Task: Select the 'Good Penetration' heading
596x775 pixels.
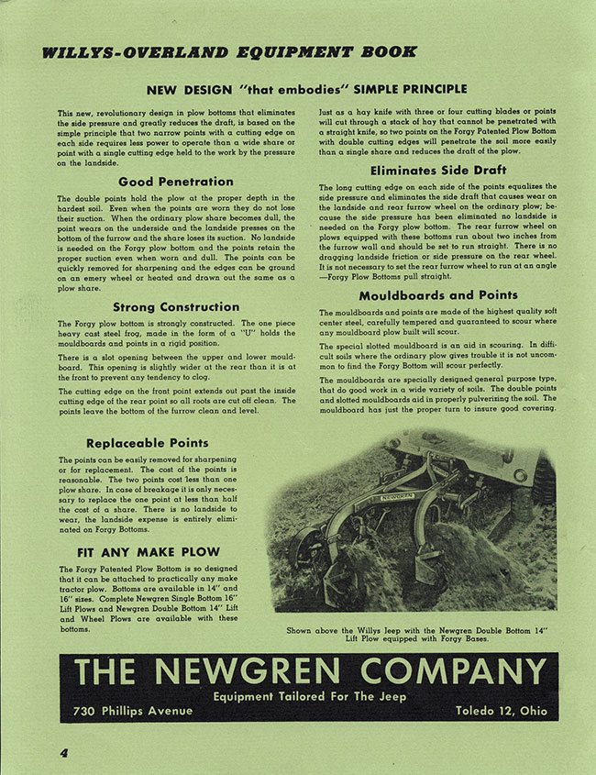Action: (175, 182)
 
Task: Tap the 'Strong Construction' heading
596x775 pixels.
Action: (175, 307)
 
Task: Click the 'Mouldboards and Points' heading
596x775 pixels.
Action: (437, 295)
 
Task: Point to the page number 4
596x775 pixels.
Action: (65, 753)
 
